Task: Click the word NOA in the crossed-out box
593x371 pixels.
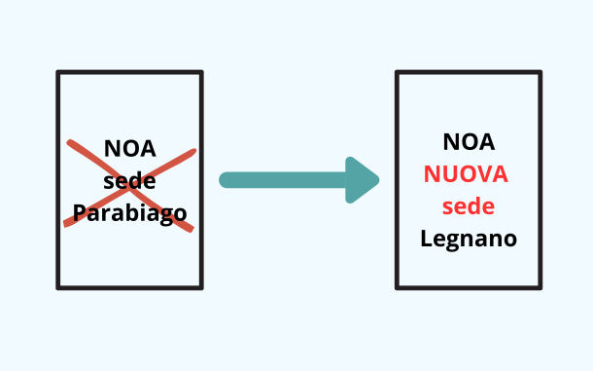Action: (x=130, y=150)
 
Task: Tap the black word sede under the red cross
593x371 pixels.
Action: (x=130, y=181)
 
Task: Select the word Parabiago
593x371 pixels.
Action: (x=130, y=212)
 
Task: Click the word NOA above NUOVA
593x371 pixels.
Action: (x=469, y=142)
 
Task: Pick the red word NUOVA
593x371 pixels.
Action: (x=467, y=174)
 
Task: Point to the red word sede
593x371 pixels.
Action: (x=469, y=206)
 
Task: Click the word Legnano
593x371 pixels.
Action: (x=469, y=239)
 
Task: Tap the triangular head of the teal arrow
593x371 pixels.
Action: (x=364, y=180)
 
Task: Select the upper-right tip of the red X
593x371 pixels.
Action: (x=193, y=151)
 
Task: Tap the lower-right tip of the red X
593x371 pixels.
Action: (x=192, y=230)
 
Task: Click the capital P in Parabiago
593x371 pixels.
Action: (x=81, y=212)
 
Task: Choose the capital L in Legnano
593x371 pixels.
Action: (x=426, y=238)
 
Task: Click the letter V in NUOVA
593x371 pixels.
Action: (x=481, y=174)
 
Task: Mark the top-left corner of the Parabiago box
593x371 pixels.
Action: (x=58, y=72)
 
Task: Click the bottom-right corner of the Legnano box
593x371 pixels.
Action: (x=540, y=287)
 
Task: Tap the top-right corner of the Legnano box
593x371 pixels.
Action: (x=540, y=72)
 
